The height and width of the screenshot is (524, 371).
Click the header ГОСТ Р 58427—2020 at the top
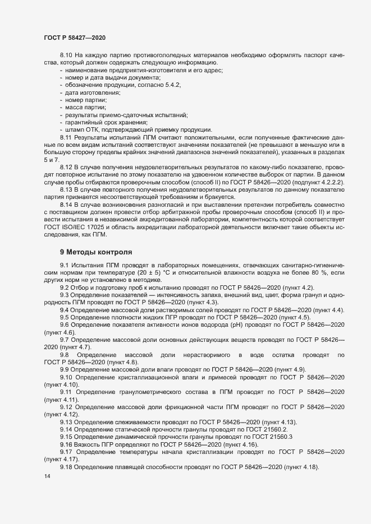(75, 37)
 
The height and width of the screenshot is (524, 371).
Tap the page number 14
(47, 477)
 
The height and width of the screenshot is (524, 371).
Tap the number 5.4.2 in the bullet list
(171, 84)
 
